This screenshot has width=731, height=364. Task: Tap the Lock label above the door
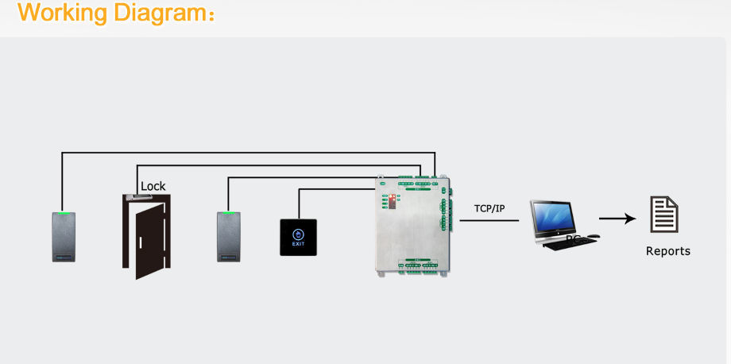click(x=153, y=186)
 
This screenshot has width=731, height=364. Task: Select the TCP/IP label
click(x=489, y=208)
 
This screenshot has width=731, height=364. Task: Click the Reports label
click(x=667, y=251)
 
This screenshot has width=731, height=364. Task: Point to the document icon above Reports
click(x=664, y=215)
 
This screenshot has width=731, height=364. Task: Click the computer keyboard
click(x=570, y=244)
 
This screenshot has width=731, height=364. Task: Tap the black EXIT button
click(x=298, y=237)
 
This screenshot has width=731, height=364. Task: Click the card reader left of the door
click(x=64, y=236)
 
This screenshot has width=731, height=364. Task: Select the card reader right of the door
click(x=229, y=236)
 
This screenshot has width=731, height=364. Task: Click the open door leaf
click(x=149, y=241)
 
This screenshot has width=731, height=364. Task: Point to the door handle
click(x=138, y=242)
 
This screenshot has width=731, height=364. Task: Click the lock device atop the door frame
click(x=133, y=196)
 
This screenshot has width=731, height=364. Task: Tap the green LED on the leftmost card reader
click(x=64, y=213)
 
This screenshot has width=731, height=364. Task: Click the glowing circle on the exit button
click(x=298, y=234)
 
